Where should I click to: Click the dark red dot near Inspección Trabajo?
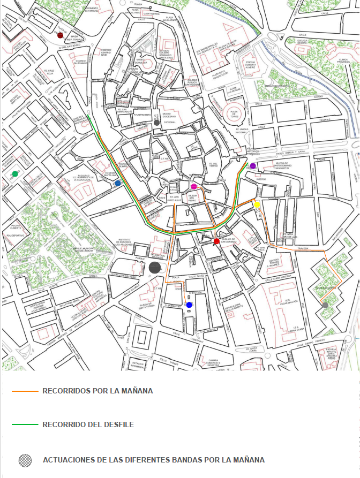[x=61, y=35]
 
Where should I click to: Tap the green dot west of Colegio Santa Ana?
[x=15, y=173]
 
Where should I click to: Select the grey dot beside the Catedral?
[x=156, y=123]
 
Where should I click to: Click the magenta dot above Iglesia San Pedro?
[x=194, y=186]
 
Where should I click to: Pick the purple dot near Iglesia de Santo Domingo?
[x=253, y=166]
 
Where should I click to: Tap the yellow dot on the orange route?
[x=257, y=204]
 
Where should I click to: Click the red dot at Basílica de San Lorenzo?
[x=216, y=241]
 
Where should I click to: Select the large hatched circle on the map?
[x=155, y=268]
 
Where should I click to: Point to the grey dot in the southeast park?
[x=325, y=305]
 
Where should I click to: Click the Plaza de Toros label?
[x=234, y=113]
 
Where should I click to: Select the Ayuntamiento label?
[x=142, y=115]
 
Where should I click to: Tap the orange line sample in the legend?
[x=25, y=391]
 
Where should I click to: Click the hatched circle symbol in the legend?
[x=25, y=460]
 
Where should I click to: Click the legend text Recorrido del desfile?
[x=88, y=425]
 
